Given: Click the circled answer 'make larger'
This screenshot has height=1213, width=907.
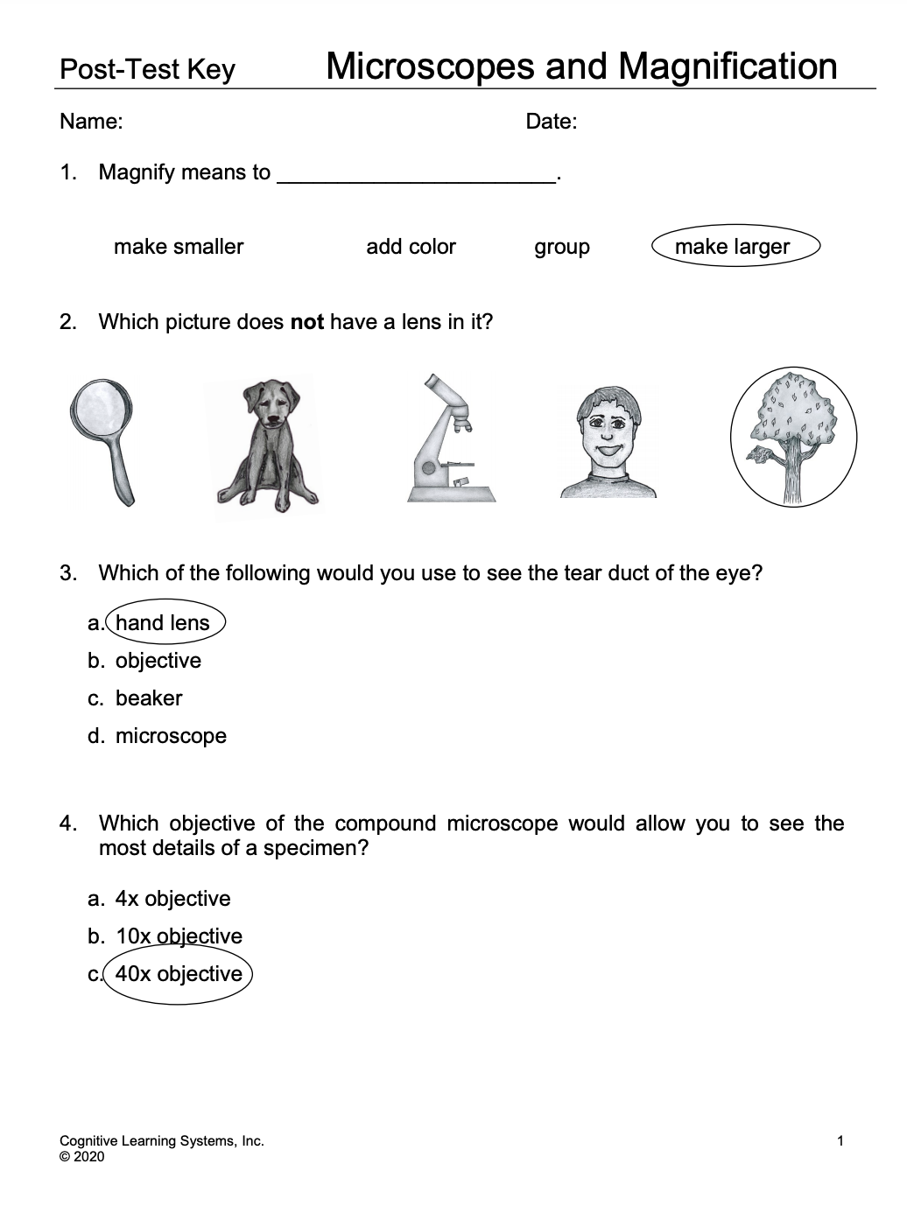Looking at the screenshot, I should click(733, 247).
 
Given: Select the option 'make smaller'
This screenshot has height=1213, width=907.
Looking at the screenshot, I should click(179, 247).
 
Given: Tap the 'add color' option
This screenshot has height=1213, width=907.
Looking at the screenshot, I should click(411, 247).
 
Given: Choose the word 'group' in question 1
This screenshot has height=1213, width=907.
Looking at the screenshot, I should click(562, 247).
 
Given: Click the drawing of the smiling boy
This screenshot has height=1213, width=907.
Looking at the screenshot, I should click(608, 441).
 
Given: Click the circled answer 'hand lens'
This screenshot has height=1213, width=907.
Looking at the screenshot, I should click(163, 623).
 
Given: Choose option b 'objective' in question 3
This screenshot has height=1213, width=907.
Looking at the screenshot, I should click(158, 661).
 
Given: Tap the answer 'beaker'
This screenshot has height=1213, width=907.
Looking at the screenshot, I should click(149, 698).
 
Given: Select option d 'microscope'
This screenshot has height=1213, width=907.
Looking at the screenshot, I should click(171, 736).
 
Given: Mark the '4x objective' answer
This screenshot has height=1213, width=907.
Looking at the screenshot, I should click(172, 899).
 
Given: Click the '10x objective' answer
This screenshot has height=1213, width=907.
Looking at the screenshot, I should click(179, 936).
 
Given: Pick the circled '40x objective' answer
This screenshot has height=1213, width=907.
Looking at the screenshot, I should click(179, 974).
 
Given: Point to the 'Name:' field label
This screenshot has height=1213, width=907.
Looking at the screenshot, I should click(91, 122).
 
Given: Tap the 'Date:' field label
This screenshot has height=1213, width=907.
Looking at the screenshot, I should click(551, 122).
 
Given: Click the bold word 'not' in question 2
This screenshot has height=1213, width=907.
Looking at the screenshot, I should click(306, 322).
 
